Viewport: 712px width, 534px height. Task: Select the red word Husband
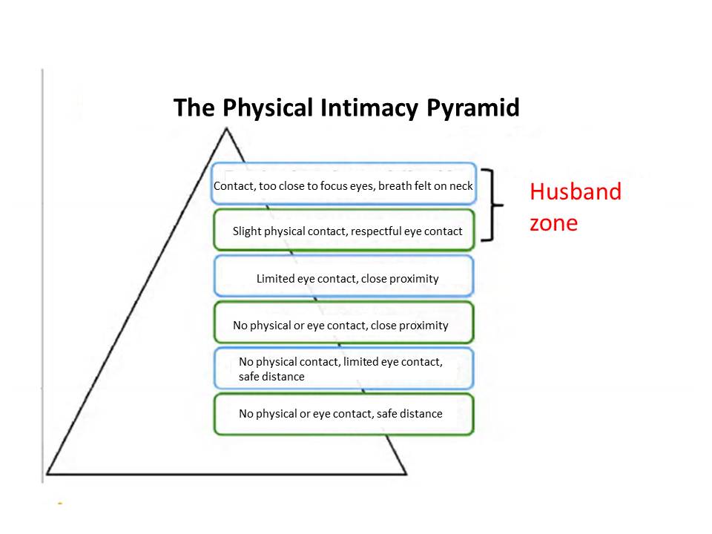tap(576, 192)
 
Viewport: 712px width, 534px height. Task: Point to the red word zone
tap(553, 222)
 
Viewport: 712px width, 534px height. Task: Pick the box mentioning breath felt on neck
tap(343, 186)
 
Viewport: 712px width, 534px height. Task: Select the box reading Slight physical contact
tap(343, 231)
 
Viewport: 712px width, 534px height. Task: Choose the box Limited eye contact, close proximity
tap(343, 278)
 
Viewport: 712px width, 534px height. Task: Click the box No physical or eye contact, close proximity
tap(343, 325)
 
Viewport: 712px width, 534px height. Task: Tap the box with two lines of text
tap(343, 369)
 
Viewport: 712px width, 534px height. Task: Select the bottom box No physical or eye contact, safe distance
tap(343, 414)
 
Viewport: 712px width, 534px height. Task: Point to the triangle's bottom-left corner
tap(47, 473)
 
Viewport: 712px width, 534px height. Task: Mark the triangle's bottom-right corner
tap(406, 473)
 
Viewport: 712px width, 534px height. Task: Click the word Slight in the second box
tap(248, 231)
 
